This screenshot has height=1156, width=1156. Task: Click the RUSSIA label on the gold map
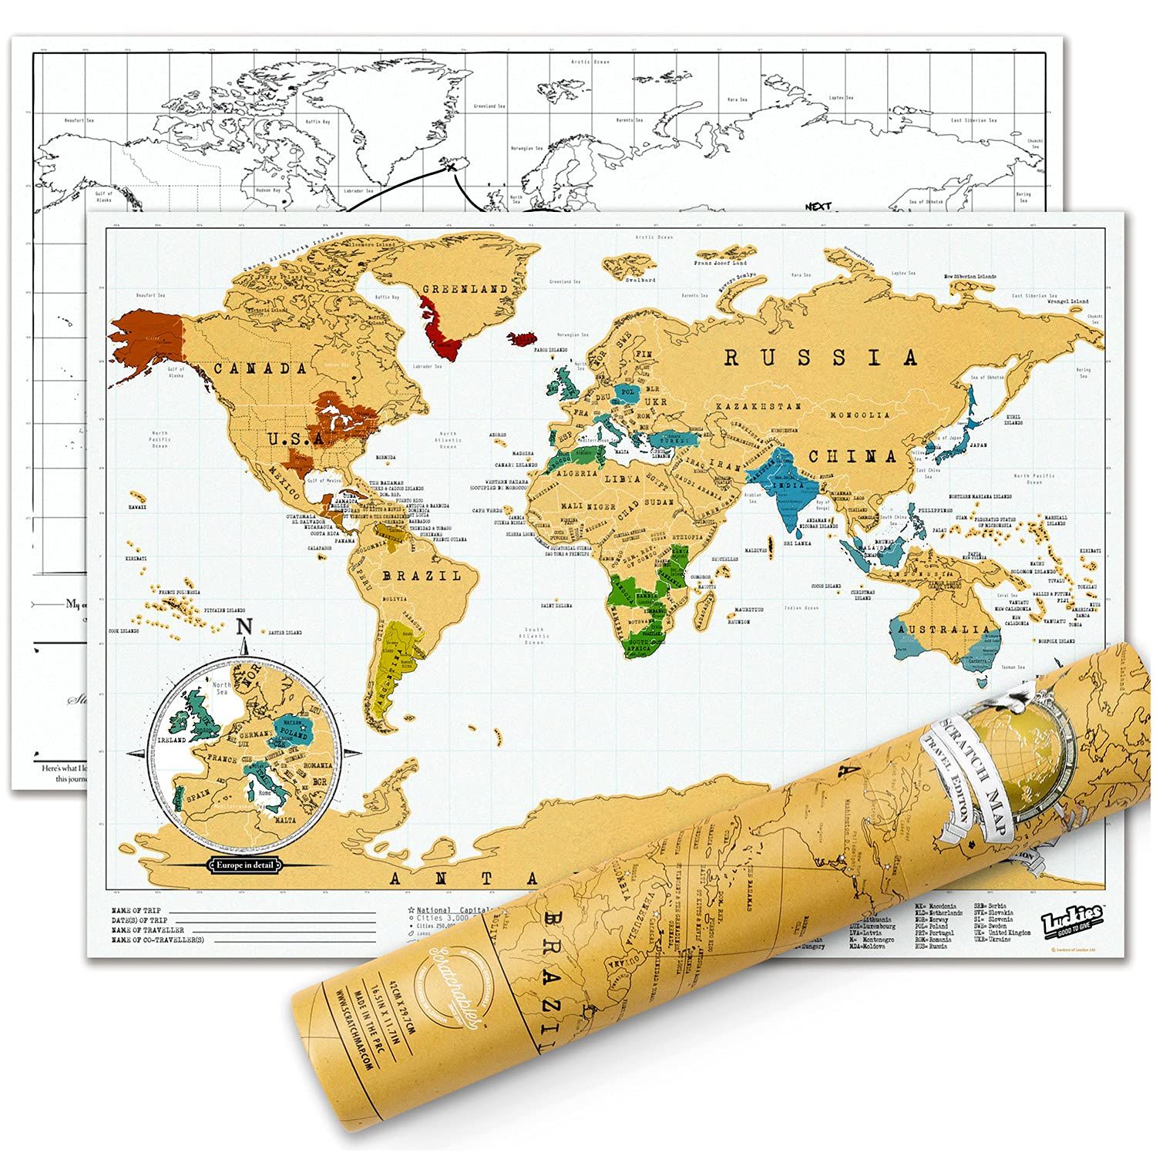(x=822, y=358)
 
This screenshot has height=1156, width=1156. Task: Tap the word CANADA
(x=260, y=368)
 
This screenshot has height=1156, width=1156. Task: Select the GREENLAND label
(x=464, y=289)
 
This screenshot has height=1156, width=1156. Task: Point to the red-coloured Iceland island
(x=523, y=339)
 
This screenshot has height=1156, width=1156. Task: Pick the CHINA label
(x=852, y=456)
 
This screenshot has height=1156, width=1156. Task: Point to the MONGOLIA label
(x=860, y=415)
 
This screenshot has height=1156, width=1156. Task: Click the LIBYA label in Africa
(x=622, y=478)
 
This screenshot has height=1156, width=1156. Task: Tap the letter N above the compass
(x=244, y=626)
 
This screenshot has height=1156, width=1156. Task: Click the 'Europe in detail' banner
(x=244, y=865)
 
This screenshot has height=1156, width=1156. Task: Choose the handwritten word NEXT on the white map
(x=817, y=207)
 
